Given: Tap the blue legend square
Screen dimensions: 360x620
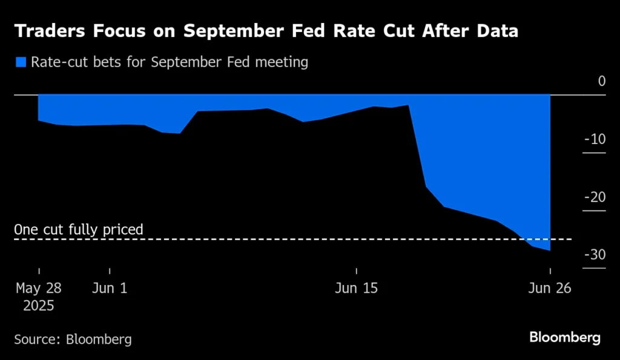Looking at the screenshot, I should [x=21, y=62].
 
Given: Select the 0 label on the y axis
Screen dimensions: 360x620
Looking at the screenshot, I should [x=601, y=81].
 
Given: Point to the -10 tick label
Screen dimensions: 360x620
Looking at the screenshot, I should [x=595, y=140].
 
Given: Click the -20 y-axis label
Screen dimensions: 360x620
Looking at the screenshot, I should [x=595, y=197].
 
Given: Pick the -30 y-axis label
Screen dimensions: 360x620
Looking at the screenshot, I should [x=595, y=255].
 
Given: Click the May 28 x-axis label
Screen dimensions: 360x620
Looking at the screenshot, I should [x=39, y=289].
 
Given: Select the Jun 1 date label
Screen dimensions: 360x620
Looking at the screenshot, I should [x=110, y=289].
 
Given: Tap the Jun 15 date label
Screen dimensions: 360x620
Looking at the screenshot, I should [x=356, y=289].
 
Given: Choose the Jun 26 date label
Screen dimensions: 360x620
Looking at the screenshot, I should [x=550, y=289].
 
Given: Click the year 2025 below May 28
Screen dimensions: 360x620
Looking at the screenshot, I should [x=39, y=306].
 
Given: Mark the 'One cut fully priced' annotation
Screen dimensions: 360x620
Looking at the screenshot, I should [x=79, y=230].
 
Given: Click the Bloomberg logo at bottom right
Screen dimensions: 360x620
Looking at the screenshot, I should [x=565, y=338].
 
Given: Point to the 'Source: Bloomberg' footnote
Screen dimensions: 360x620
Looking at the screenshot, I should [x=73, y=339].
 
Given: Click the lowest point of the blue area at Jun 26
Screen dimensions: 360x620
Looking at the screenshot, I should [x=549, y=249].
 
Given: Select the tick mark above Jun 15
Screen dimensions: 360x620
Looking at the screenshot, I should [x=356, y=270].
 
